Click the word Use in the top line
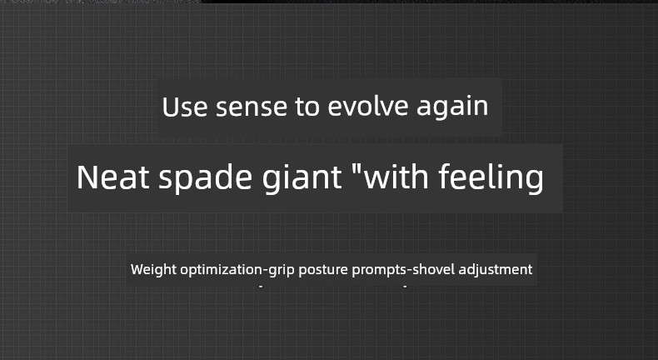click(x=185, y=107)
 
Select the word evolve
click(x=367, y=107)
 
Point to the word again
click(x=452, y=108)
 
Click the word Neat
click(x=112, y=177)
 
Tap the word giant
click(x=302, y=179)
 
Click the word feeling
click(x=491, y=178)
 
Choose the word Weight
click(x=153, y=270)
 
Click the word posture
click(x=323, y=270)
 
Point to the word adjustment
click(x=496, y=270)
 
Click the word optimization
click(x=221, y=270)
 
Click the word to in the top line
click(x=307, y=107)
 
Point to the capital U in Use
click(x=170, y=107)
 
